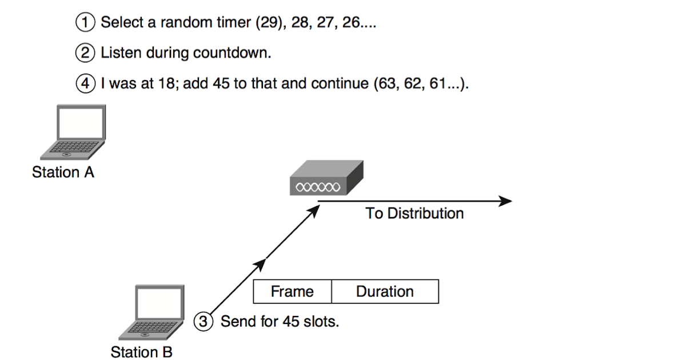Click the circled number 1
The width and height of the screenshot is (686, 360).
[x=85, y=23]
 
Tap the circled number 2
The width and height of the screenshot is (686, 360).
[x=85, y=53]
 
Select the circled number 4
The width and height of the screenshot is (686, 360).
[x=85, y=83]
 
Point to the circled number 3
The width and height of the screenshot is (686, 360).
[x=204, y=321]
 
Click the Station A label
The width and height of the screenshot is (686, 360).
[x=63, y=172]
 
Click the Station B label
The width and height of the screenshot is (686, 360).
[x=141, y=352]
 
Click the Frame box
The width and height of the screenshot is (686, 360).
[x=292, y=291]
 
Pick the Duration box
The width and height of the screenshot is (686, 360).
[x=385, y=291]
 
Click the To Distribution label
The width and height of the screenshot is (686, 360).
[x=414, y=214]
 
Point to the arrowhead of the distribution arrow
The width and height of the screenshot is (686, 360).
[x=505, y=201]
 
